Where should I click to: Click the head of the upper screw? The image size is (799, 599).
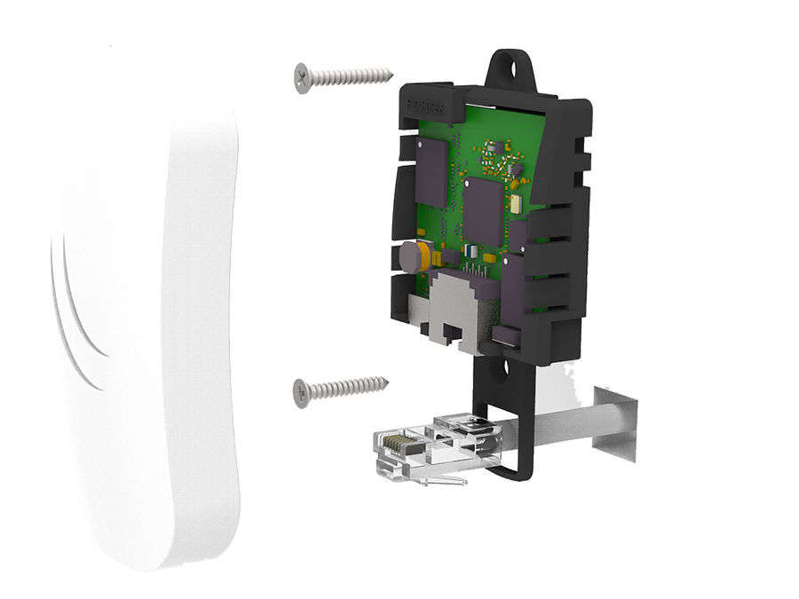303,78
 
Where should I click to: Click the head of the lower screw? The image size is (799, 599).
302,391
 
